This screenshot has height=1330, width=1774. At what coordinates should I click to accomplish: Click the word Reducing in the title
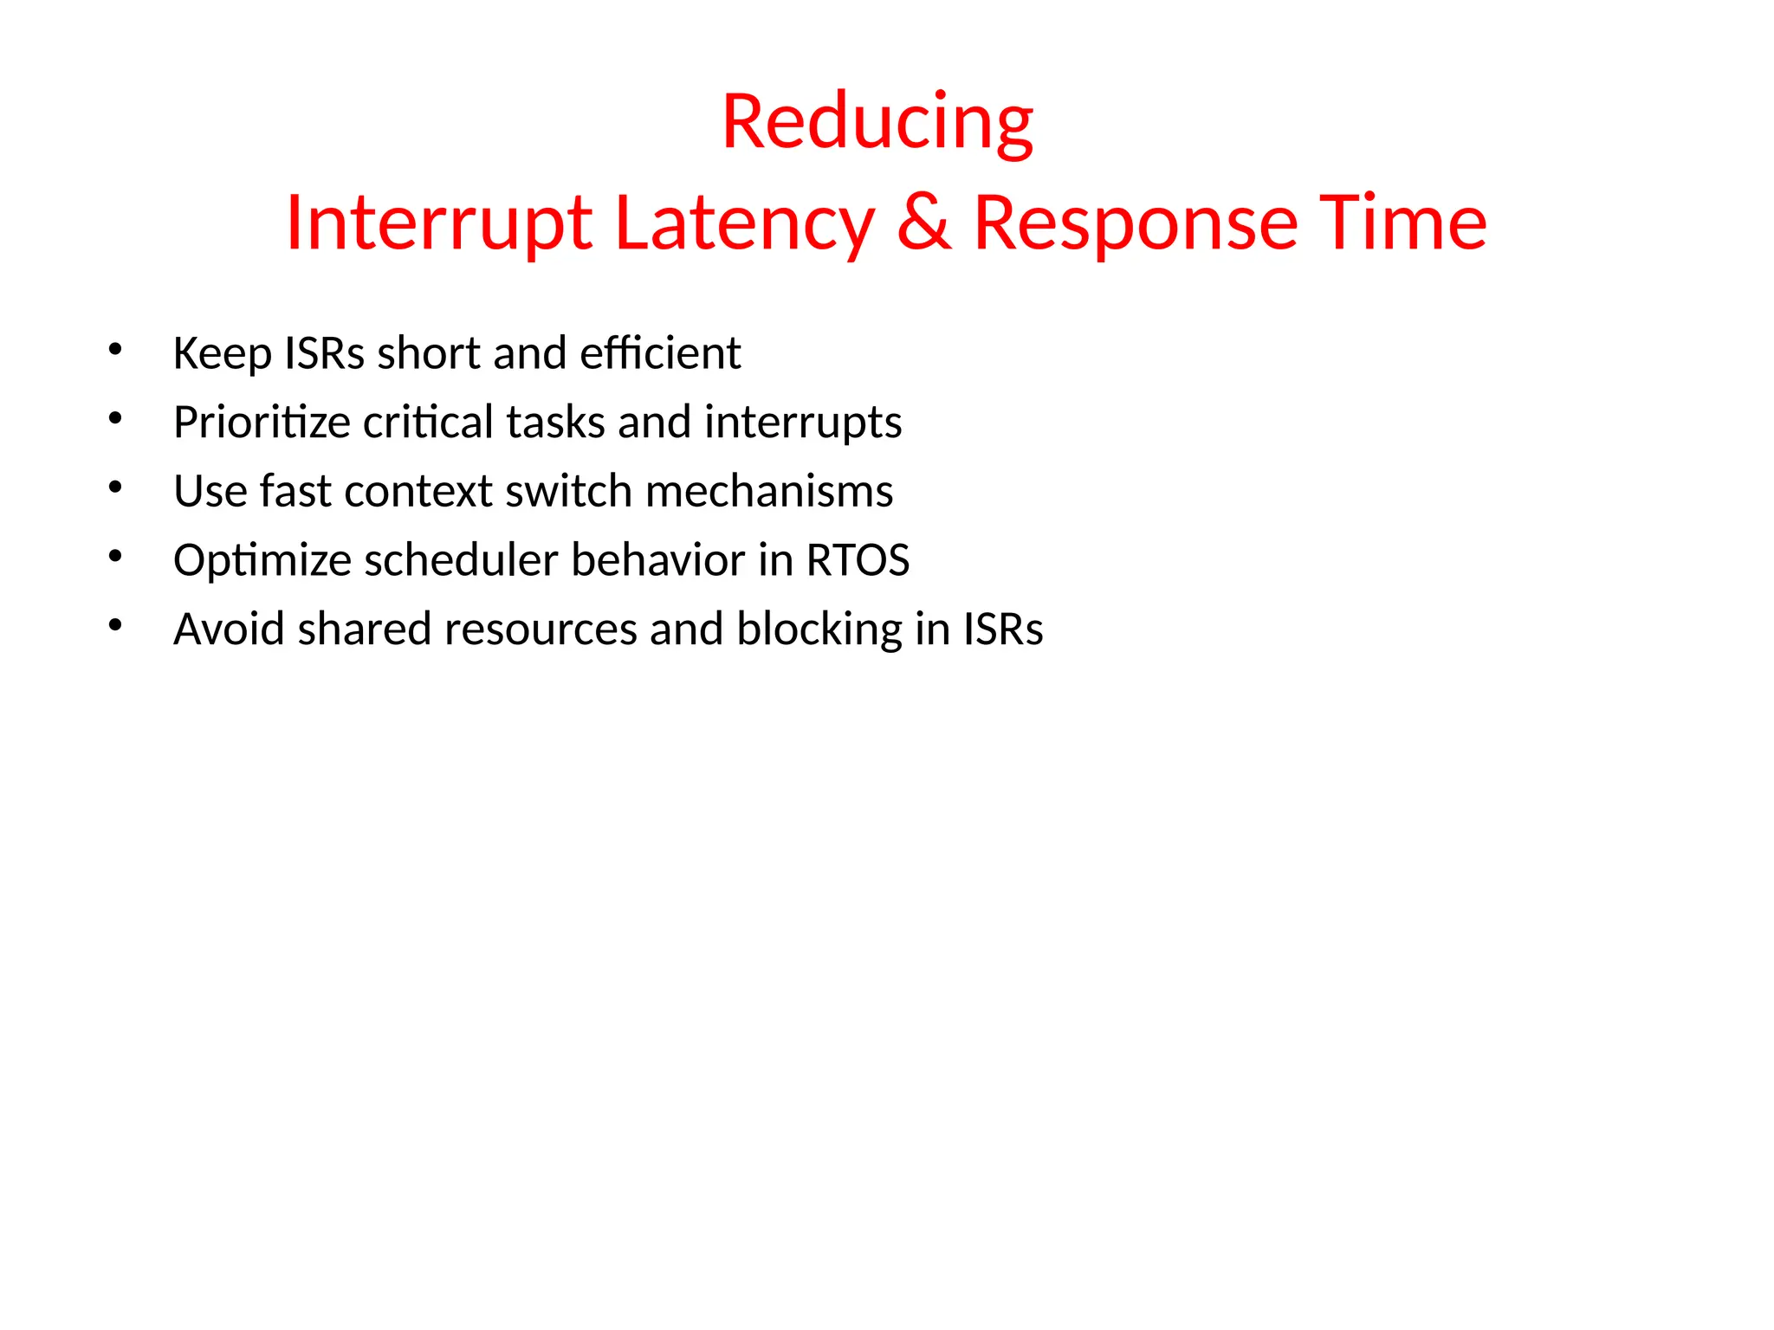(877, 123)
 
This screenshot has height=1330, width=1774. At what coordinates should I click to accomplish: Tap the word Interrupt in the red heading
(438, 223)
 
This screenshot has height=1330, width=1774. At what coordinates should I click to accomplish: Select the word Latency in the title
(744, 223)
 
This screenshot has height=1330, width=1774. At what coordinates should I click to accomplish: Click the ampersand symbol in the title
(924, 223)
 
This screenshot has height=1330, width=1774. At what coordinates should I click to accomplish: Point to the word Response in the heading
(1136, 223)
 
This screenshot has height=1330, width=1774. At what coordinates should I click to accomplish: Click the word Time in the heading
(1402, 223)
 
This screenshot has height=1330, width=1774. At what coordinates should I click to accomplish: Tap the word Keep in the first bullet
(222, 353)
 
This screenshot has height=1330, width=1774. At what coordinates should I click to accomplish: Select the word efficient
(660, 353)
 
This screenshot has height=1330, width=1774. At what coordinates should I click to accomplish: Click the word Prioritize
(262, 423)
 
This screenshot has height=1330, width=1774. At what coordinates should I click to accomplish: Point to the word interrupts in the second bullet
(803, 423)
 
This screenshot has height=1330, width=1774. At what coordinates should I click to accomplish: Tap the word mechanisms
(769, 491)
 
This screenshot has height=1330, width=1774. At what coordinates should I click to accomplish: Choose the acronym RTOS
(858, 560)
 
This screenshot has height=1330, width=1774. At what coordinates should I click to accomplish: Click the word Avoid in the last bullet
(229, 629)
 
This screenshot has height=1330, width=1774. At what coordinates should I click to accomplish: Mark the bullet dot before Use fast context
(115, 487)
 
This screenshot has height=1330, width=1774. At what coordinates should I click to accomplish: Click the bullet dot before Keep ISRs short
(115, 349)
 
